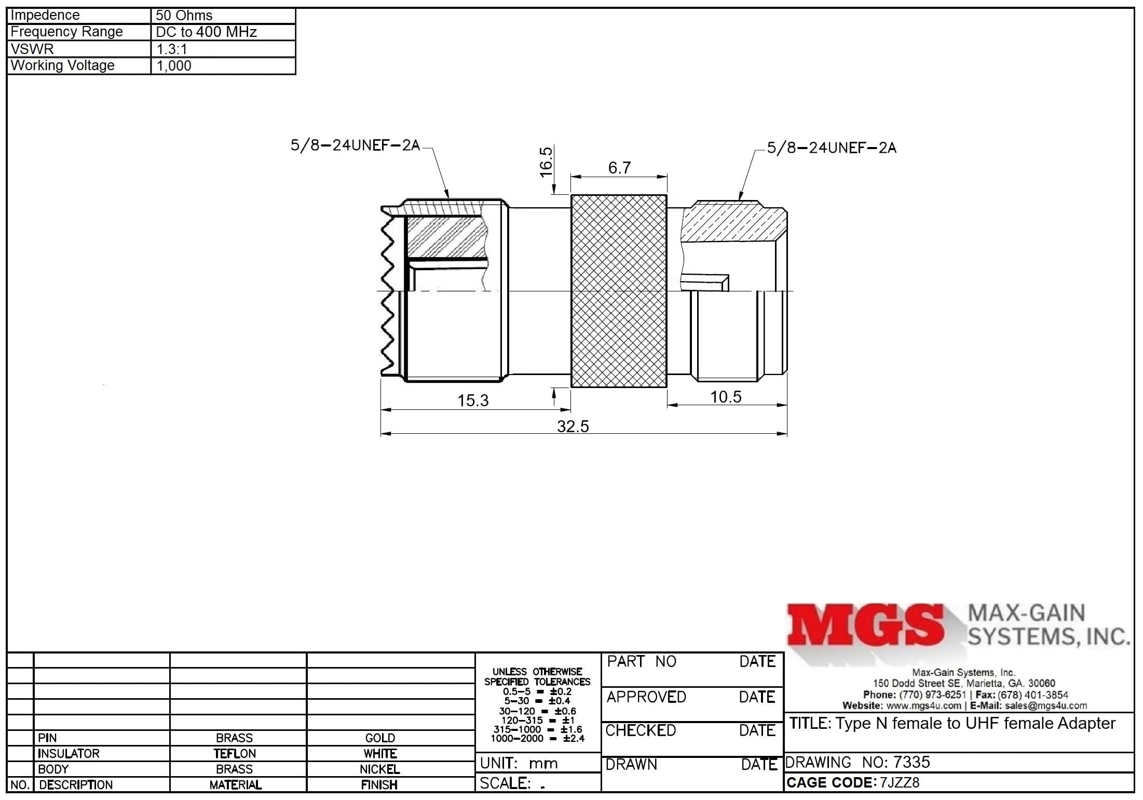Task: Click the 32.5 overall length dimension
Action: pos(573,426)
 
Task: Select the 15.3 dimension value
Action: pos(473,401)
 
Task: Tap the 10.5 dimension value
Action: pos(726,397)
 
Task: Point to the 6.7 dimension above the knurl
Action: pos(619,168)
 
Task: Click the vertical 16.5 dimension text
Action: pos(547,162)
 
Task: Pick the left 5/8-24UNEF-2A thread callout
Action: pos(355,145)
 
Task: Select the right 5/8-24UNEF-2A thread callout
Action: pos(832,148)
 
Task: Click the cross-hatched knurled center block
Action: pos(619,291)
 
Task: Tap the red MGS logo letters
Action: pos(865,625)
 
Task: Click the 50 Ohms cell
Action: pos(184,16)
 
